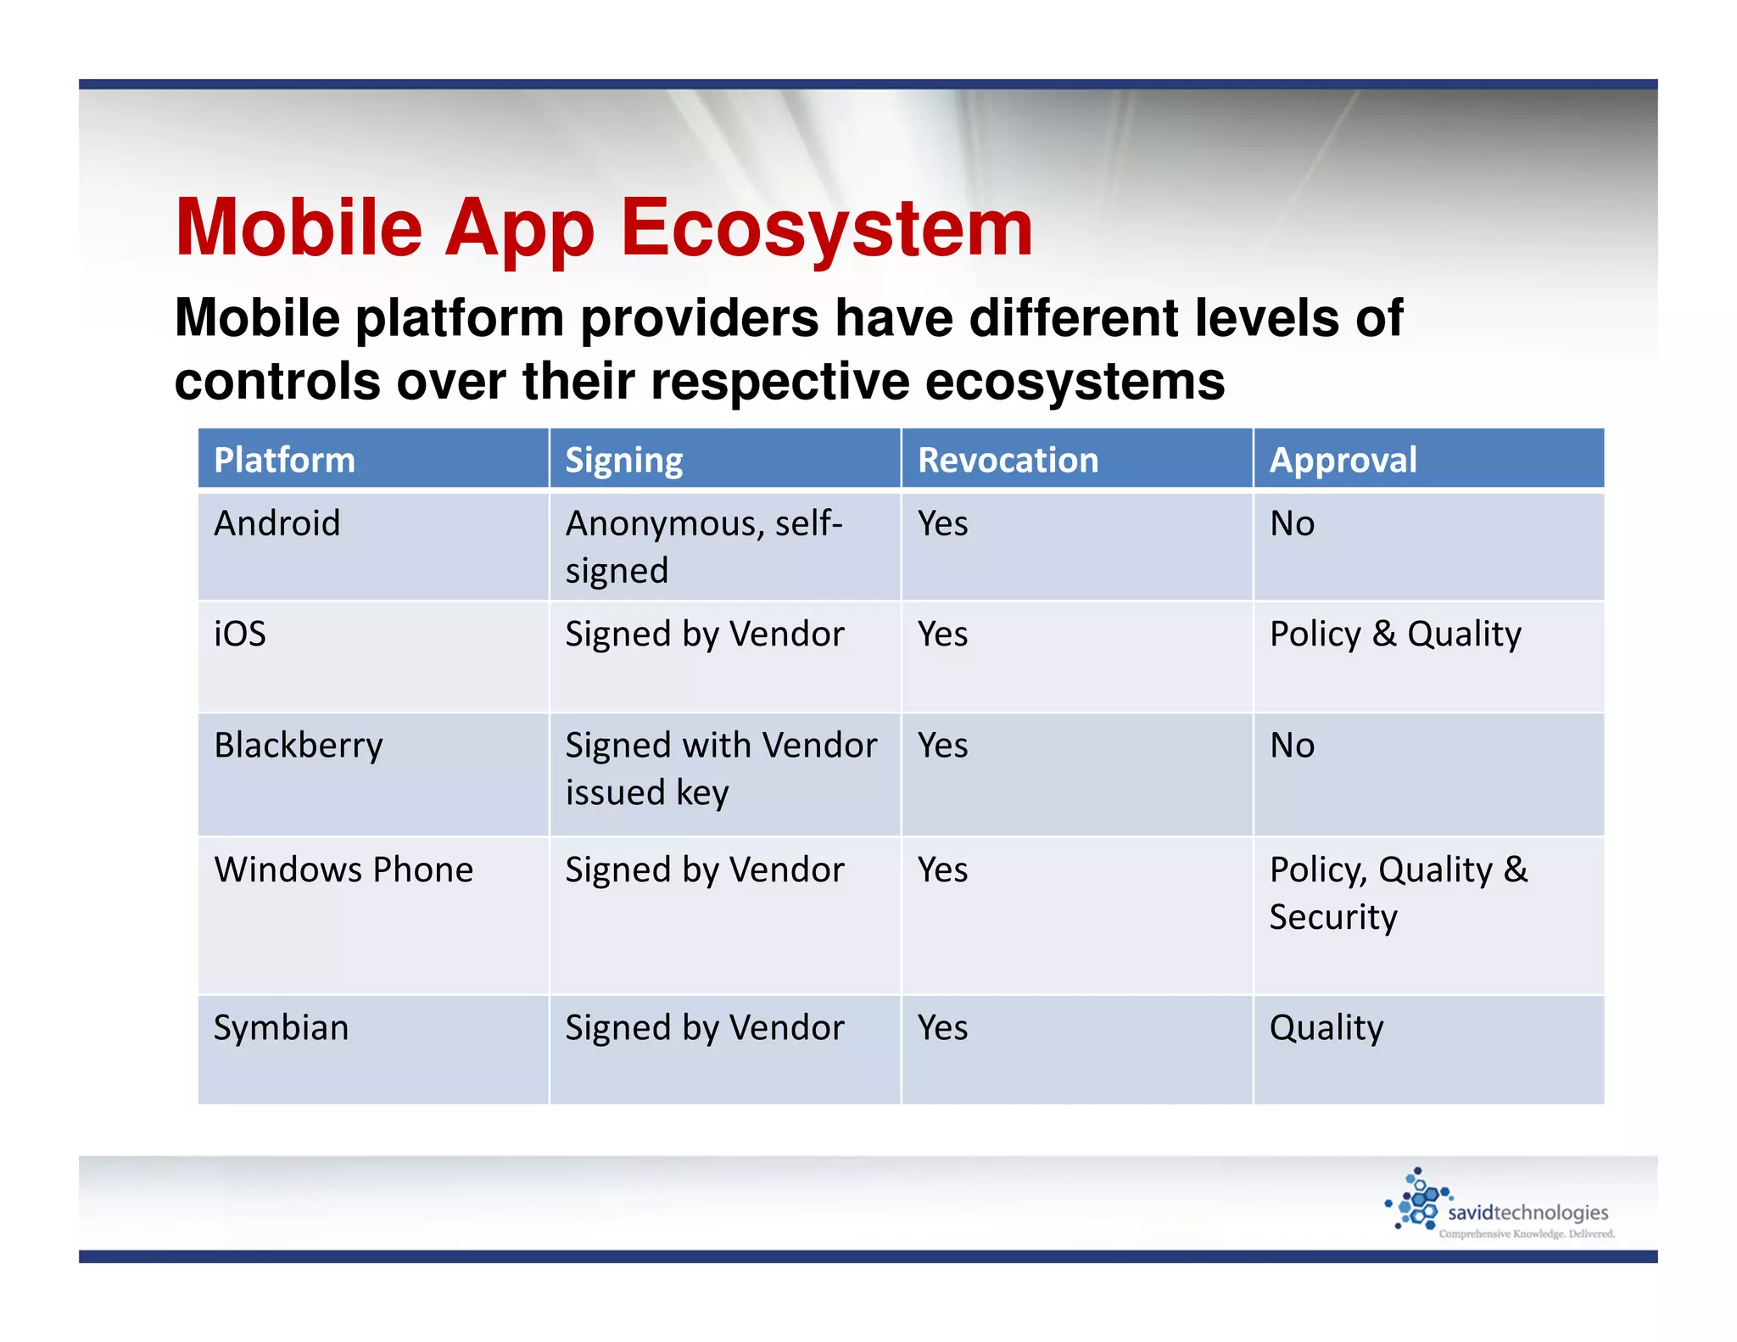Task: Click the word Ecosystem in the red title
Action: point(827,227)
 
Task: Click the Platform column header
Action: point(284,460)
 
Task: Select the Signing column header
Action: point(624,460)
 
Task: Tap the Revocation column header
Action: point(1008,460)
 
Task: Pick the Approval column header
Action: point(1343,460)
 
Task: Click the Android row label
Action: point(277,523)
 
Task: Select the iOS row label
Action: point(240,634)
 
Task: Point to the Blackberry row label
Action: point(299,746)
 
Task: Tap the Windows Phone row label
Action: point(343,870)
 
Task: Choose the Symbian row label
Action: point(281,1027)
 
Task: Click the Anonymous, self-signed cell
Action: point(704,546)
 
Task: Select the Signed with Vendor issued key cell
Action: point(721,769)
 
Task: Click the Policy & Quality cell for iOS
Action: point(1395,634)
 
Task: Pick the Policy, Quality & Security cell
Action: point(1398,892)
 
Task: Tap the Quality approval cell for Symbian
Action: point(1326,1027)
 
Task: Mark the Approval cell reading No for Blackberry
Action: point(1292,746)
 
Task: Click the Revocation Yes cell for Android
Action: point(942,523)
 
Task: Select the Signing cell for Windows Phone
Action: point(704,870)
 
